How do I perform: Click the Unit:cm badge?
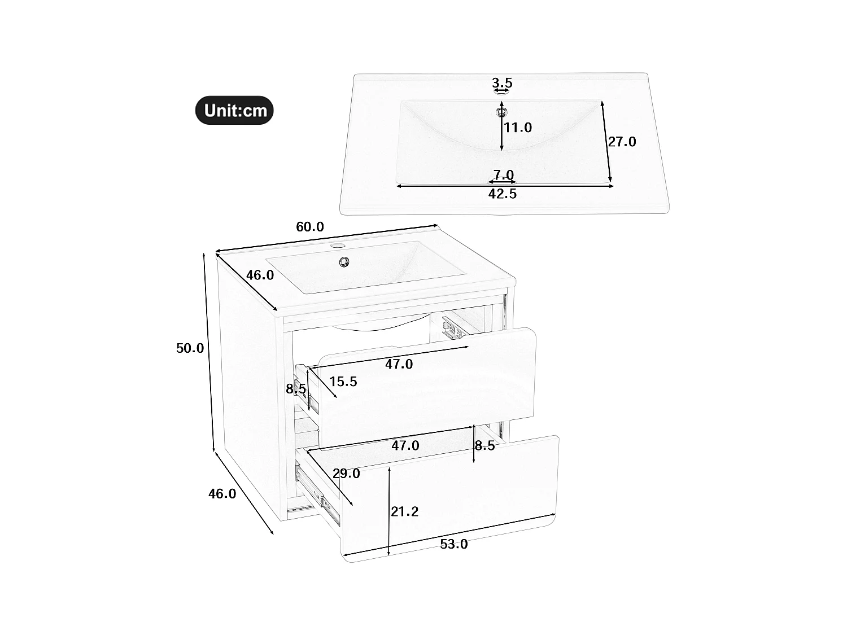[x=234, y=110]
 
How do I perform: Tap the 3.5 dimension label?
[x=501, y=83]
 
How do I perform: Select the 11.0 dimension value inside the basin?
[x=518, y=128]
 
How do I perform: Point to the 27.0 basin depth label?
[x=622, y=142]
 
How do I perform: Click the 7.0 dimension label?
[x=503, y=175]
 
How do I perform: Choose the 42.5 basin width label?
[x=502, y=194]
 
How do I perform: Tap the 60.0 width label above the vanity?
[x=310, y=227]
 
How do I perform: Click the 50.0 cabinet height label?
[x=190, y=348]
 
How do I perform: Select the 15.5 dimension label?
[x=343, y=382]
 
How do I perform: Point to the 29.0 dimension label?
[x=346, y=474]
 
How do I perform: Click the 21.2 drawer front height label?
[x=405, y=511]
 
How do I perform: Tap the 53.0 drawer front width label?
[x=454, y=544]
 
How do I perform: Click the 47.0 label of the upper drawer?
[x=399, y=364]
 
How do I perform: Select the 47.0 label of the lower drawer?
[x=405, y=445]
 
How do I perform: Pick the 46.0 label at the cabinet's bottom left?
[x=222, y=493]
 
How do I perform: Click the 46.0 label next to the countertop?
[x=260, y=275]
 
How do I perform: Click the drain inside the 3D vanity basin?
[x=344, y=261]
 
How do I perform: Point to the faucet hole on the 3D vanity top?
[x=337, y=246]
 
